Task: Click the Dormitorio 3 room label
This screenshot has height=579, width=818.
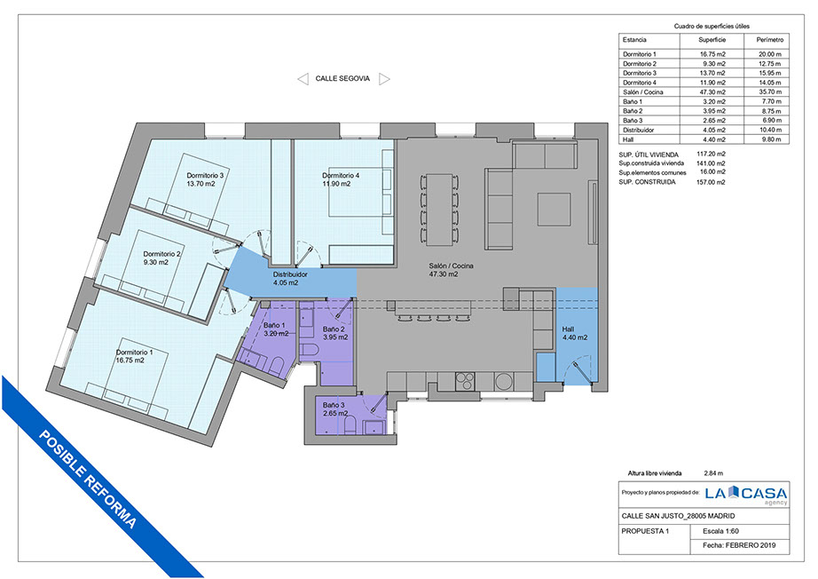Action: tap(205, 176)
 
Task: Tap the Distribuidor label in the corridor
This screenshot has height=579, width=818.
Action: tap(290, 274)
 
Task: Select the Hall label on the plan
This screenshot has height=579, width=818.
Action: tap(568, 329)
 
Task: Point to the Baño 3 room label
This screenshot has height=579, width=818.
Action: tap(334, 405)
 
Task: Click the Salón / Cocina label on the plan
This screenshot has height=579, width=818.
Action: tap(452, 266)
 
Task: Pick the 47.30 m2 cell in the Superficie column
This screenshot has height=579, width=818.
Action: tap(712, 91)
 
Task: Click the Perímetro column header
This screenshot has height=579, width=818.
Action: tap(770, 40)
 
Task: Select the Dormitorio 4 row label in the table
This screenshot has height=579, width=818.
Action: tap(640, 83)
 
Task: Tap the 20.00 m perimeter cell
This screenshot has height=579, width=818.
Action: tap(770, 54)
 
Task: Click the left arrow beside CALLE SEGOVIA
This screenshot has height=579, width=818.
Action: tap(303, 79)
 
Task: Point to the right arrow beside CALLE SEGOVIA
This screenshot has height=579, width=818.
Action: tap(384, 79)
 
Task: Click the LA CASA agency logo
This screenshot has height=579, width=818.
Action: tap(746, 494)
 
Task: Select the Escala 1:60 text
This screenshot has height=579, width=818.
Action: tap(721, 531)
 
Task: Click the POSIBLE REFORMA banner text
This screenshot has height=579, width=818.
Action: tap(89, 480)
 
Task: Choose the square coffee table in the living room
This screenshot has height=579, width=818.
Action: tap(554, 209)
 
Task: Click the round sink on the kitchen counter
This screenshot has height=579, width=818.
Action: tap(503, 381)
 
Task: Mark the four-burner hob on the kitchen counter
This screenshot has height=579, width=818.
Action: tap(465, 381)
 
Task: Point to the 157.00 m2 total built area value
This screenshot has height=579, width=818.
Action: tap(711, 182)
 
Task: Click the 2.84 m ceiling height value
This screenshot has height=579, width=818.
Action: tap(713, 473)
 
